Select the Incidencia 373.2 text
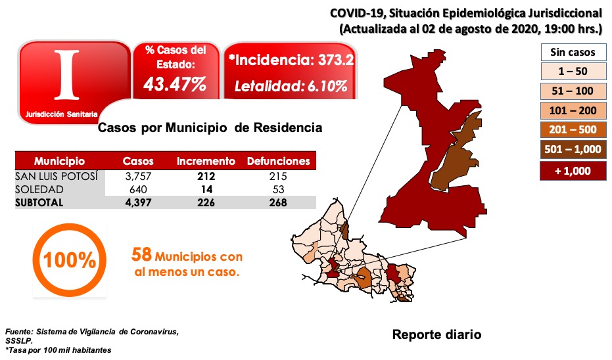(x=291, y=60)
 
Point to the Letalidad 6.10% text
(x=291, y=86)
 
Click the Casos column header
(x=138, y=161)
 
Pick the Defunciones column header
(x=278, y=161)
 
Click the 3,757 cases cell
(x=138, y=176)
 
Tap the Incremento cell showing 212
(x=206, y=176)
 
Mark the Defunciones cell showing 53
(x=278, y=189)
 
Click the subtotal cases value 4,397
(x=138, y=202)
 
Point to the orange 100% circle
(x=69, y=260)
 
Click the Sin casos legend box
(x=572, y=52)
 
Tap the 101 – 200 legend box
(x=572, y=110)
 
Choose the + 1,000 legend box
(x=572, y=170)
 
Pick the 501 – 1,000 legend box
(x=572, y=149)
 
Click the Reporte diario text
(x=436, y=334)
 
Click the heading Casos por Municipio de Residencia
(x=210, y=127)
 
